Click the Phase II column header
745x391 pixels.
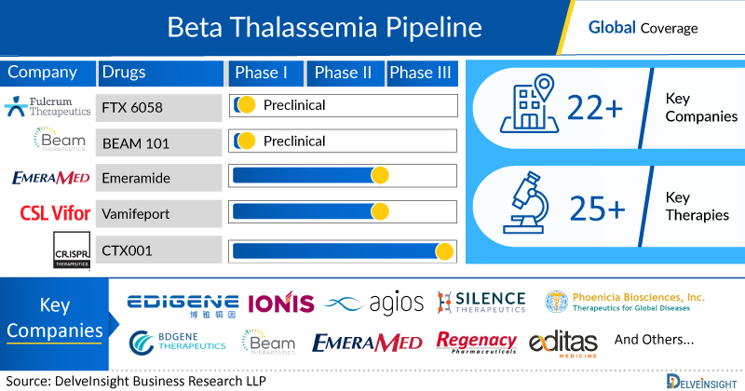(x=345, y=74)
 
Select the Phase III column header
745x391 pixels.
(x=424, y=74)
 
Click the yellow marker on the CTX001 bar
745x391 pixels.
(x=444, y=250)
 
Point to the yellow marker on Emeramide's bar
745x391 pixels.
(x=379, y=176)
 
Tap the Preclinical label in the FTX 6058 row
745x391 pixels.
(x=294, y=105)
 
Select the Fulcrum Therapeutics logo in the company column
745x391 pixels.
(x=47, y=106)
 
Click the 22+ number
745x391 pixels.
(x=600, y=110)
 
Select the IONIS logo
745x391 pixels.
(x=280, y=303)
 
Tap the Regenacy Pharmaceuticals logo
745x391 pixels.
(x=476, y=344)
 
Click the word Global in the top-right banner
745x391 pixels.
(x=611, y=27)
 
